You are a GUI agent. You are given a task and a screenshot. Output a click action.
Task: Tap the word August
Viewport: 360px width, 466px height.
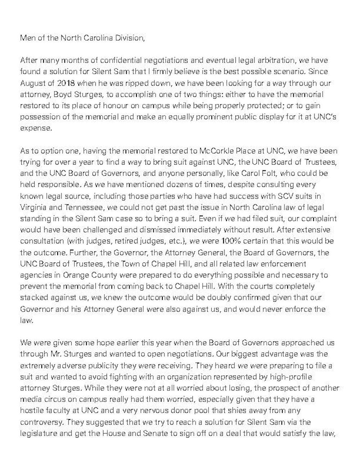click(x=33, y=83)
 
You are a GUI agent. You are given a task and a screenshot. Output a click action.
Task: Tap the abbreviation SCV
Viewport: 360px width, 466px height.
click(x=278, y=196)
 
